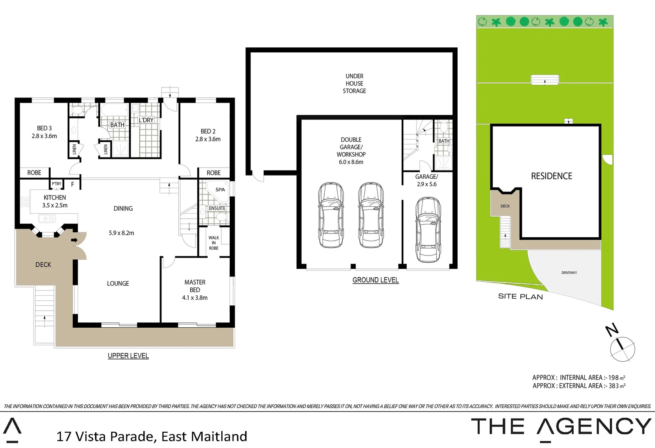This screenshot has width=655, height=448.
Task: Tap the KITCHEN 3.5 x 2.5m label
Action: (x=55, y=201)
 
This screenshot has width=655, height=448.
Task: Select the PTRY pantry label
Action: (x=56, y=184)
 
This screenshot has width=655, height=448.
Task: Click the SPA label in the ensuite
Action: (x=220, y=190)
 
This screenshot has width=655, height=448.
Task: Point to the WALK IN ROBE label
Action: (x=213, y=243)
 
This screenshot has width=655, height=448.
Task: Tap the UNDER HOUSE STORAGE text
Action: (x=354, y=83)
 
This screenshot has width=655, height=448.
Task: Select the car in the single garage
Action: (x=428, y=230)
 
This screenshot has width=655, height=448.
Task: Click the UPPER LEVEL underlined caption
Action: (x=128, y=356)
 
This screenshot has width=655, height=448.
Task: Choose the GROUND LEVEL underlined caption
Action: (x=375, y=280)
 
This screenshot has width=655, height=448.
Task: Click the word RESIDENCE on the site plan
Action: (x=551, y=176)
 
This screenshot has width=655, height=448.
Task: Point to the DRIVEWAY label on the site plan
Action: (x=569, y=273)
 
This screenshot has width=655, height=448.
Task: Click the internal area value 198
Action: (x=613, y=378)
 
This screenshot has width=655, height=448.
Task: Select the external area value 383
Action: (x=613, y=386)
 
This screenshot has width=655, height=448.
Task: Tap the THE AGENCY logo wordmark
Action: (x=561, y=427)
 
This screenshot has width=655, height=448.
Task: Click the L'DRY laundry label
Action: (x=146, y=120)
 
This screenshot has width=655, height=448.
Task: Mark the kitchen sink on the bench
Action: (x=47, y=218)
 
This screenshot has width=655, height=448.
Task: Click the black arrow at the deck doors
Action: (x=74, y=240)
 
